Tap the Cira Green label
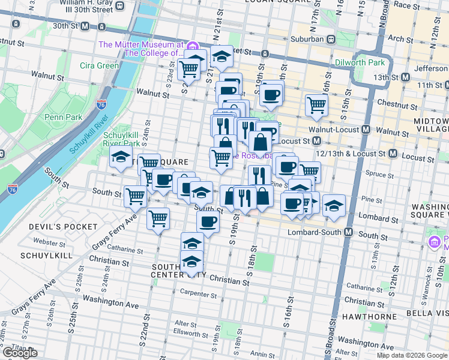99,65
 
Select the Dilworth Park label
360,62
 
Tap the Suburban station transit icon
330,39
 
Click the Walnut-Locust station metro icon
366,130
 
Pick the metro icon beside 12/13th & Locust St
393,154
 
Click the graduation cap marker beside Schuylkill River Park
121,158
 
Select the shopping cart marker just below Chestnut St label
316,104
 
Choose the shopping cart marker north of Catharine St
158,219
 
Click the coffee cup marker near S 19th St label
208,221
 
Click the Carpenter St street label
197,295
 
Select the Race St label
407,5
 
